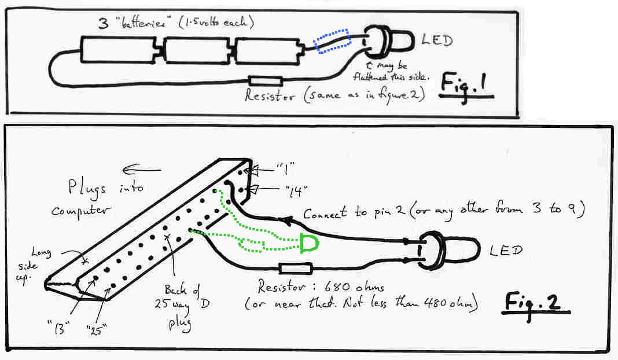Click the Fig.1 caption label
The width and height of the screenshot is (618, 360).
point(467,86)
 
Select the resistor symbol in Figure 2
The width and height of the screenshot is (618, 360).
point(296,268)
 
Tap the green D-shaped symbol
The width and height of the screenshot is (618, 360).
point(309,244)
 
